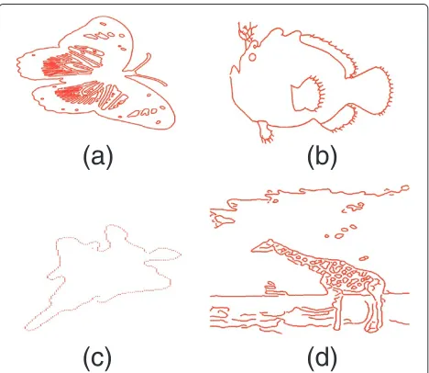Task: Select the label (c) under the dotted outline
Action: (x=97, y=357)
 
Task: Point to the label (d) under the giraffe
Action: (x=322, y=357)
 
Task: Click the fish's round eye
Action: (x=252, y=57)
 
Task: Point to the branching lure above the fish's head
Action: (x=247, y=34)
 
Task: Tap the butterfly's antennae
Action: (x=146, y=70)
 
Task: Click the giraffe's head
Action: (x=263, y=246)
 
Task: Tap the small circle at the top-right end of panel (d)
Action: (x=405, y=187)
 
